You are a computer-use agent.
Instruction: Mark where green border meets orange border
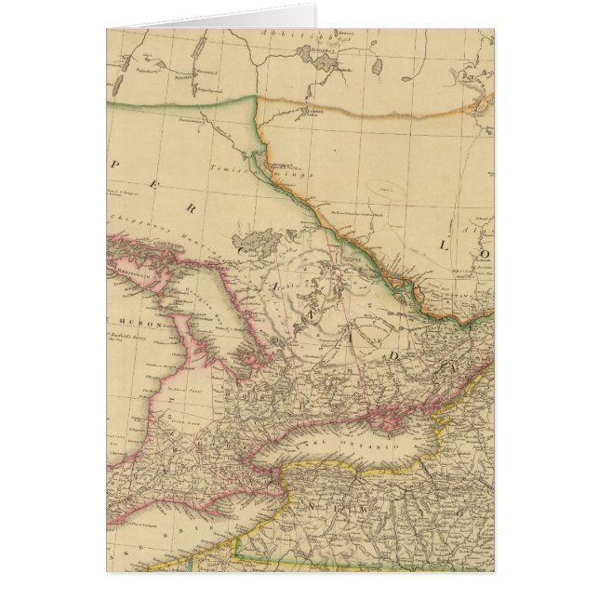[256, 97]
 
